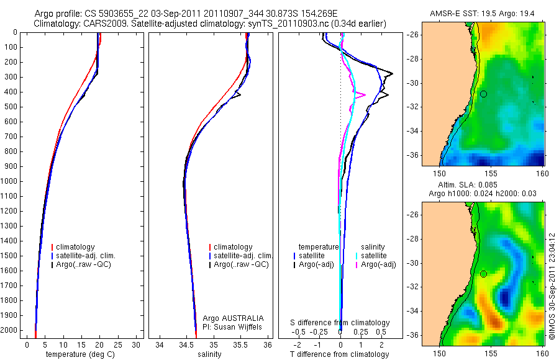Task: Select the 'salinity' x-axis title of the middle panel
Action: point(209,354)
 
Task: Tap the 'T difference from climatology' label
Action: point(340,354)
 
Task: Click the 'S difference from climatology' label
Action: point(340,323)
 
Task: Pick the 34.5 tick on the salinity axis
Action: point(186,344)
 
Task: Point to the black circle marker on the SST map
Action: point(483,94)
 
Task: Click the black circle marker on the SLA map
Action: point(483,274)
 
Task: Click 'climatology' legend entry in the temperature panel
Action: point(78,247)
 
